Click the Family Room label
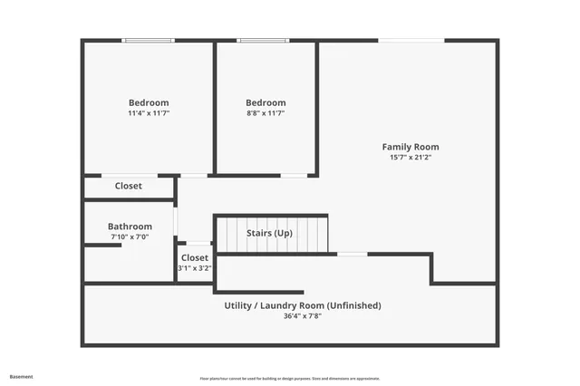[x=411, y=147]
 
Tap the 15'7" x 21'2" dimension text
[x=411, y=158]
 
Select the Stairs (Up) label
[x=270, y=234]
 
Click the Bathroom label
[x=130, y=227]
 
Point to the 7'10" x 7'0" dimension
[x=130, y=237]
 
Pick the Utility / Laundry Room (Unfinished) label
[x=303, y=305]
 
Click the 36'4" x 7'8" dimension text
[x=303, y=316]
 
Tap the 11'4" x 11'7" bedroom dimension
[x=149, y=113]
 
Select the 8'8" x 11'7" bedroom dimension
[x=266, y=113]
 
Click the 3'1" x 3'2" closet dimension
[x=195, y=268]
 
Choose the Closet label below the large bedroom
[x=129, y=186]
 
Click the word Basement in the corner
[x=21, y=376]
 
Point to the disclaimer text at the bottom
[x=290, y=379]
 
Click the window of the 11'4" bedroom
[x=149, y=40]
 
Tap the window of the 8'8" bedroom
[x=263, y=40]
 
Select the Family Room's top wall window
[x=411, y=40]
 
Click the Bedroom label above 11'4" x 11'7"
[x=149, y=102]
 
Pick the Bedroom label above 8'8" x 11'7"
[x=266, y=102]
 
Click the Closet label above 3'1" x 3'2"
[x=195, y=258]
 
